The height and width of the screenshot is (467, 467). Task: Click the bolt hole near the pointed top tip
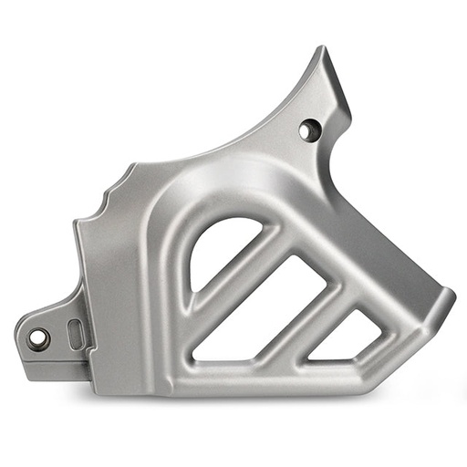[309, 130]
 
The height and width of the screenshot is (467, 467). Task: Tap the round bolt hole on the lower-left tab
[38, 338]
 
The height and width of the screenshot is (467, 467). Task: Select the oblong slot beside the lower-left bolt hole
[75, 334]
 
